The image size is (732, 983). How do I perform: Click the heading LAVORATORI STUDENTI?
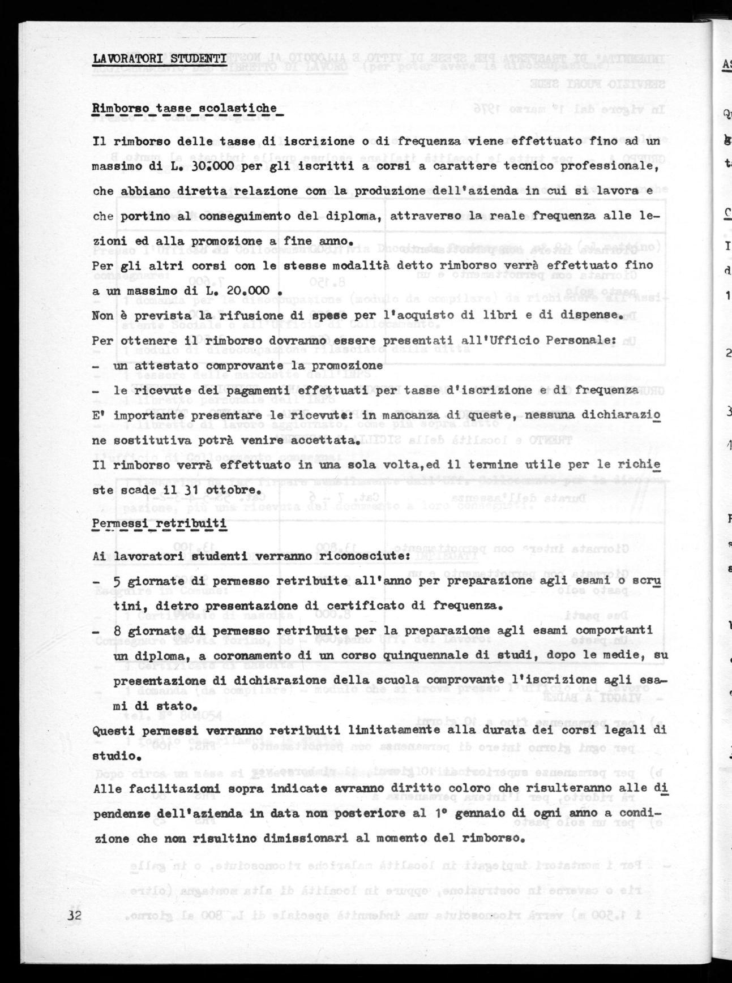(160, 58)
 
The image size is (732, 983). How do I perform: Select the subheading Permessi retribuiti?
(160, 523)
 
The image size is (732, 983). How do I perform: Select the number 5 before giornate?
(117, 581)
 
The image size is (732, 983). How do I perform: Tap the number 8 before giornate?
(117, 630)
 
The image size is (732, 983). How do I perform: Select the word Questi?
(112, 730)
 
